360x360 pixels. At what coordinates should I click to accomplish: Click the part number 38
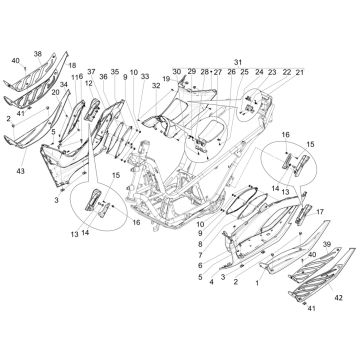(x=38, y=53)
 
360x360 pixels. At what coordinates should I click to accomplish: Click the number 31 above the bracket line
(x=238, y=62)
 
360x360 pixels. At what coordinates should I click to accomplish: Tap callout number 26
(x=231, y=73)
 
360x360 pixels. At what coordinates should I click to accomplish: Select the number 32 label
(x=156, y=87)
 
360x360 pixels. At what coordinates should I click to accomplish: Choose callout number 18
(x=72, y=64)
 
